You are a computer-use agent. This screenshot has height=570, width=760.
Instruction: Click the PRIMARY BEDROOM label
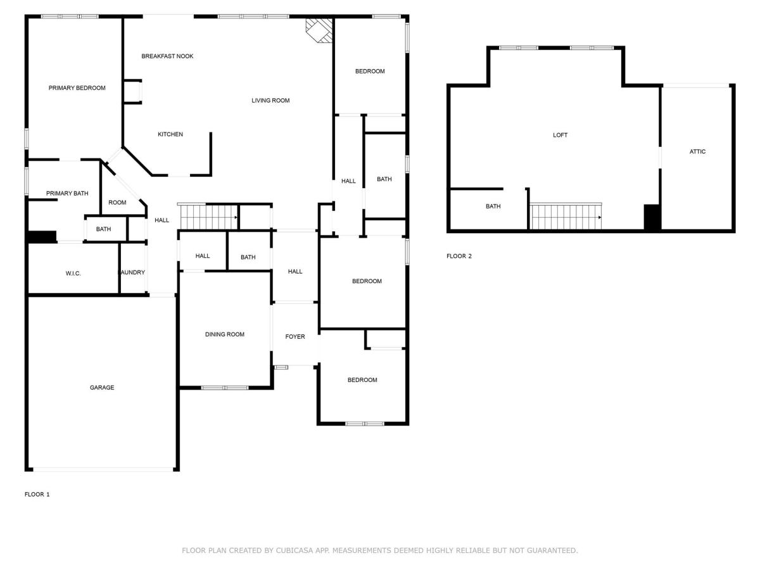coord(77,88)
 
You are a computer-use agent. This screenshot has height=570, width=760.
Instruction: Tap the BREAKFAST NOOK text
coord(167,56)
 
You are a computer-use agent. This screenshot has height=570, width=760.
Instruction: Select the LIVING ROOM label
coord(270,100)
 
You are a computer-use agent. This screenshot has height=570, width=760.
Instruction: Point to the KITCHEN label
coord(170,134)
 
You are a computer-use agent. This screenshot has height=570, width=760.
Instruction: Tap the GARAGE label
coord(102,388)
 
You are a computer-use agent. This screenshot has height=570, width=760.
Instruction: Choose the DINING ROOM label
coord(225,334)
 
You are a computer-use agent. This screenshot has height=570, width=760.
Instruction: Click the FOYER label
coord(295,336)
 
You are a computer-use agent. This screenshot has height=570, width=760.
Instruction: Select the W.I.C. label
coord(73,274)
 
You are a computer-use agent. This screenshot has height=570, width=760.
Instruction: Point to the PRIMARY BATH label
coord(67,193)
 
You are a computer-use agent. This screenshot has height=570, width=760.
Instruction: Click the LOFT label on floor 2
coord(560,135)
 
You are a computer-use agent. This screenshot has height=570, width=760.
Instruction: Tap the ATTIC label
coord(697,151)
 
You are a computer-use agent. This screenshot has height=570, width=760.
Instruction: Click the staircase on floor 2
coord(566,217)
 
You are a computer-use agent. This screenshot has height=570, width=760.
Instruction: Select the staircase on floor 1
coord(208,217)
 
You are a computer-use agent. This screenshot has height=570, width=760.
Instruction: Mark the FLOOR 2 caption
coord(459,256)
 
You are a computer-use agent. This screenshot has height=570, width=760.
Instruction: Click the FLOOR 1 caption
coord(37,494)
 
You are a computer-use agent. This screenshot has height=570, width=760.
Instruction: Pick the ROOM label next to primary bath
coord(117,203)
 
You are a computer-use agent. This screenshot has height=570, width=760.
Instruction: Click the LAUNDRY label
coord(132,272)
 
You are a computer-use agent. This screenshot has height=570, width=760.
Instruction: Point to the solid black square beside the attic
coord(652,217)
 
